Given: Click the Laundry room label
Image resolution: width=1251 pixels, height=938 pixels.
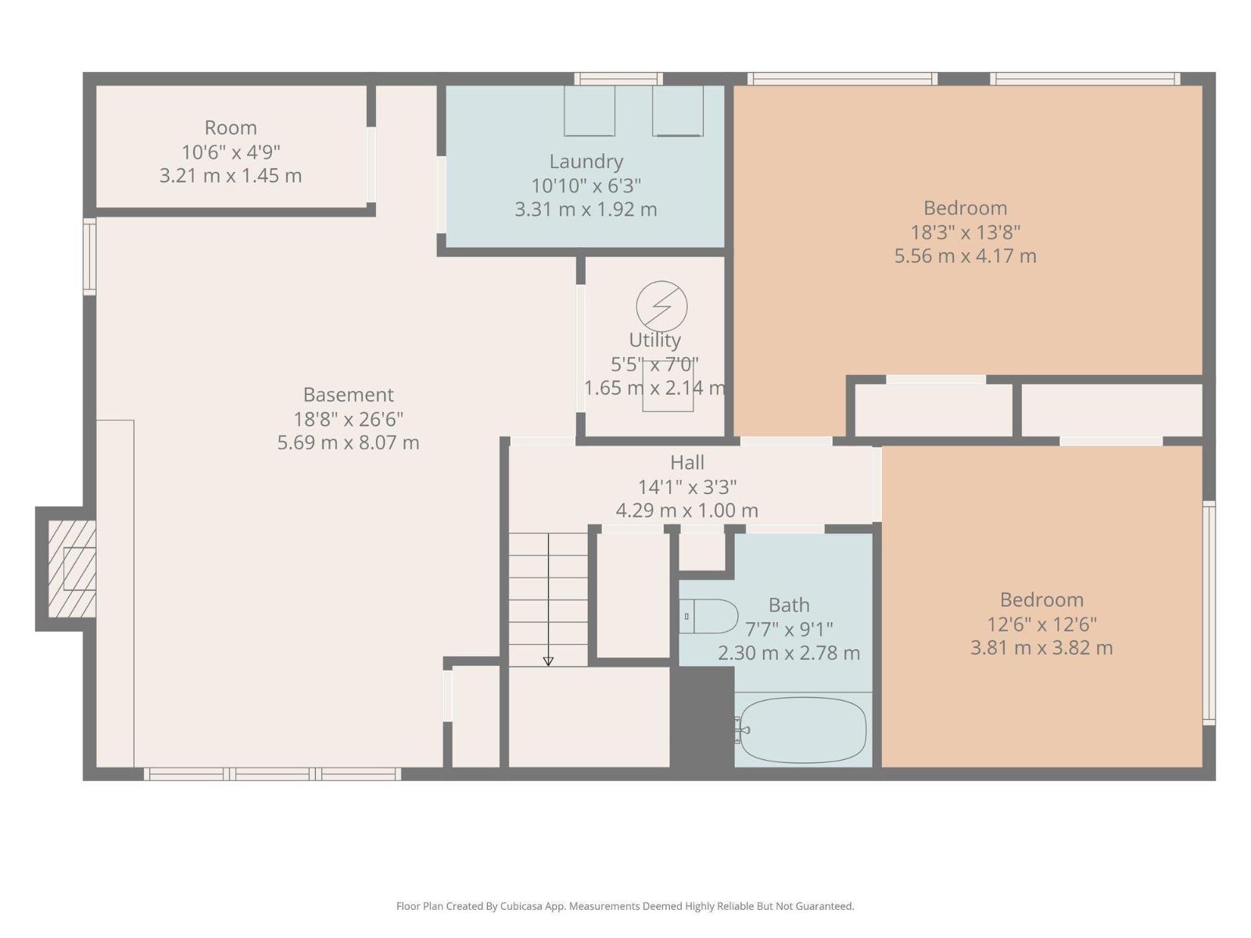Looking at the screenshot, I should click(x=586, y=162).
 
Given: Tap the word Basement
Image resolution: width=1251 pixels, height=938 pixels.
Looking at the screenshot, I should click(x=348, y=395).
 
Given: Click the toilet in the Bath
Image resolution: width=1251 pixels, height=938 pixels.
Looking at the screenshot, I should click(x=709, y=617).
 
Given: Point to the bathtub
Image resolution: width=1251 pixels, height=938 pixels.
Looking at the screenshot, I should click(x=803, y=730).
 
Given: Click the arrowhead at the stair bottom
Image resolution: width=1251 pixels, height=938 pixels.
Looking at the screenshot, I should click(x=548, y=661).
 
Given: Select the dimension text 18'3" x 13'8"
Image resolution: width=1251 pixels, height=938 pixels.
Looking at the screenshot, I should click(x=965, y=232).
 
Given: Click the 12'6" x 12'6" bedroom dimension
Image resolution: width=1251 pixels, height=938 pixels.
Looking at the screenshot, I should click(x=1041, y=624).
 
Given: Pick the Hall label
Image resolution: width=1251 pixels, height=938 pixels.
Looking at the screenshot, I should click(x=686, y=463).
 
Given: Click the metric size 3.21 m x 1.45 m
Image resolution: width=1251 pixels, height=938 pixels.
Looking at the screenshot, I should click(x=231, y=176).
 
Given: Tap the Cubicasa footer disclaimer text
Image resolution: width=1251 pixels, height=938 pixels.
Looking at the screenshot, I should click(x=625, y=906).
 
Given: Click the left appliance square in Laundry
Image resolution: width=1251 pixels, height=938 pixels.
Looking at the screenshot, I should click(x=590, y=110).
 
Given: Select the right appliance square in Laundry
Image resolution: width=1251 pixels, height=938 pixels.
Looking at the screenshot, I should click(x=678, y=110).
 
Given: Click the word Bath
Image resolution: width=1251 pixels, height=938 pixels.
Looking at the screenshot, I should click(x=788, y=605).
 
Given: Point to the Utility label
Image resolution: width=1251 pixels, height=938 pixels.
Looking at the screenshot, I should click(x=654, y=340).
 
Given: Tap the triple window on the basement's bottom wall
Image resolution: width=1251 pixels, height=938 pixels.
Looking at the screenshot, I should click(x=272, y=774).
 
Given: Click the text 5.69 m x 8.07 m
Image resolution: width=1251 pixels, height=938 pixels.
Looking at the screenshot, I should click(x=348, y=442).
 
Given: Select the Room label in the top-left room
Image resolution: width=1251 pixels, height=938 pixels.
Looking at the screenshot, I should click(x=231, y=127).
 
